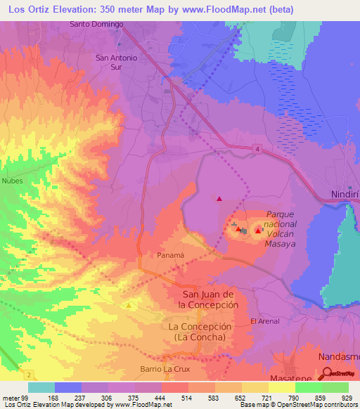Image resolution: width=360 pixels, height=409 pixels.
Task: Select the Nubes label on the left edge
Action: tap(13, 181)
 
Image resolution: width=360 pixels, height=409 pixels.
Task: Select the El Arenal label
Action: tap(265, 321)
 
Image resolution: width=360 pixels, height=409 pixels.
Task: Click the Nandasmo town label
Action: tap(338, 356)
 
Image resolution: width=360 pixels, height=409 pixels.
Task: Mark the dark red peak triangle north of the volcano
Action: tap(219, 199)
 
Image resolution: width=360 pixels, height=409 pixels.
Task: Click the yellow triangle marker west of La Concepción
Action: tap(129, 306)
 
